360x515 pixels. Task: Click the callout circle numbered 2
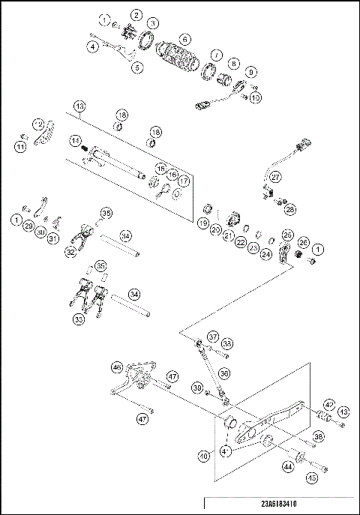coord(136,14)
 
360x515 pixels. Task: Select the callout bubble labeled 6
coord(184,37)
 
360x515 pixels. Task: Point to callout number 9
coord(250,72)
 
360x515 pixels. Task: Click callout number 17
coord(183,181)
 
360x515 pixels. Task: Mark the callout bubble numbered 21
coord(225,234)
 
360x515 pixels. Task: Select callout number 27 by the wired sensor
coord(276,177)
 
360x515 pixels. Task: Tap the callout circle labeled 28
coord(289,211)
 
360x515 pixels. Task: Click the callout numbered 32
coord(70,253)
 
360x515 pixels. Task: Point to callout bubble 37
coord(213,337)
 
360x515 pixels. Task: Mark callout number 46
coord(117,367)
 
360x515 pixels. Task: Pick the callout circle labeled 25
coord(287,235)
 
